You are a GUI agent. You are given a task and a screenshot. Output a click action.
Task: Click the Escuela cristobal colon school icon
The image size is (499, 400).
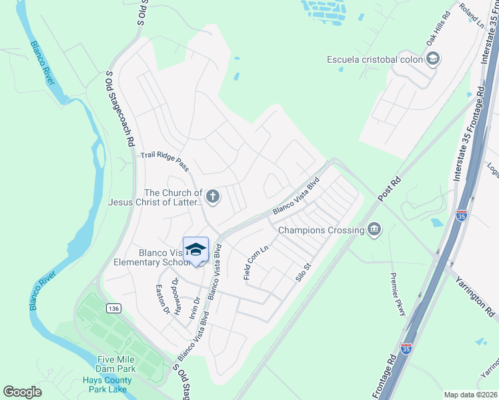click(x=433, y=59)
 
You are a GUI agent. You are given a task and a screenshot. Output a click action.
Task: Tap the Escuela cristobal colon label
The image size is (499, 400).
click(x=374, y=59)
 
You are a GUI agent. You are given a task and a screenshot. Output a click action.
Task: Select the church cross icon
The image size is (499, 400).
click(x=212, y=197)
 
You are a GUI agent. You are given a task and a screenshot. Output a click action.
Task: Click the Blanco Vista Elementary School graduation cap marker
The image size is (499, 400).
click(x=195, y=251)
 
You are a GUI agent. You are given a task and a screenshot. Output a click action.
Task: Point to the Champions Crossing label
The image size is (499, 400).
click(x=320, y=230)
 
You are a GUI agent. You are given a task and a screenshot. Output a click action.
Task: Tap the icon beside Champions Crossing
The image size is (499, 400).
click(x=374, y=230)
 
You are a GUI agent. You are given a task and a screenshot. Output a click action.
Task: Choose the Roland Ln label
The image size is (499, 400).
click(x=471, y=14)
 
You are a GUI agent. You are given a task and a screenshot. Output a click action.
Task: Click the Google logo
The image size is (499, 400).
click(x=23, y=391)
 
